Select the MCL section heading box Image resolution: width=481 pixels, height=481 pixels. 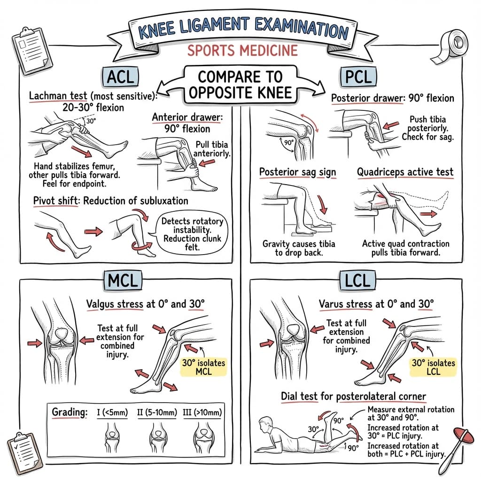[121, 280]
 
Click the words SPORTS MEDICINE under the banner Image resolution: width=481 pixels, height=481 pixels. [242, 50]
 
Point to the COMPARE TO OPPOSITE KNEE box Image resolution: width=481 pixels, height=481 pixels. [240, 84]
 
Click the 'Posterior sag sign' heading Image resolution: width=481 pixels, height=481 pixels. [297, 172]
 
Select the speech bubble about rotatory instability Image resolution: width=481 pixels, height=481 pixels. [193, 230]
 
